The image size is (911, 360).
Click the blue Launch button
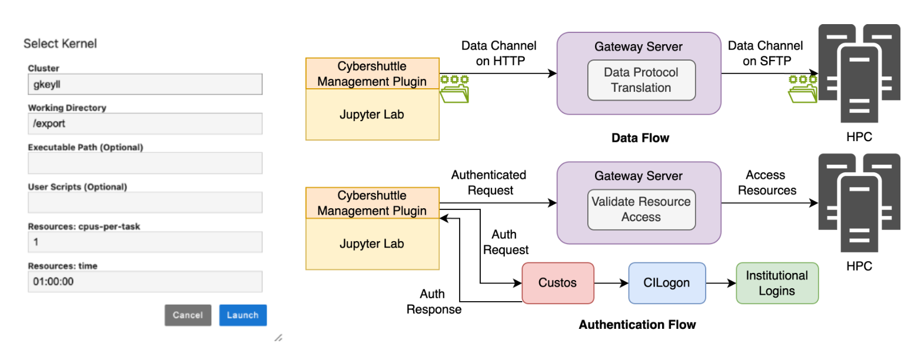(243, 315)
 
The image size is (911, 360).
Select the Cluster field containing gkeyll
(145, 84)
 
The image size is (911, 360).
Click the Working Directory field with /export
(145, 124)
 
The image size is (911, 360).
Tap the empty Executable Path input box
(145, 163)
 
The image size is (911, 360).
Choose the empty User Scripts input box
(145, 202)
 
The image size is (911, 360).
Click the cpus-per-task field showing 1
(145, 242)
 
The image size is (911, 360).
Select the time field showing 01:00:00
(145, 282)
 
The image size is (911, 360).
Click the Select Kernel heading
(60, 44)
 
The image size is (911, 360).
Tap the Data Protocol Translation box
(641, 80)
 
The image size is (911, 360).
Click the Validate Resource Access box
(641, 209)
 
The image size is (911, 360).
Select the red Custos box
(558, 283)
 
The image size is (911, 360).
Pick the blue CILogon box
(667, 283)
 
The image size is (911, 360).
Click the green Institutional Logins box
(777, 283)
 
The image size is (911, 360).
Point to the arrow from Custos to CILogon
(611, 283)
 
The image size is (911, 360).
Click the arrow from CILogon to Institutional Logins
(721, 283)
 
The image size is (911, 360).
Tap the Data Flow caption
(640, 138)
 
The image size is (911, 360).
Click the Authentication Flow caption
(637, 325)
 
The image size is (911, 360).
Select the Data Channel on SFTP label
(766, 53)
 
